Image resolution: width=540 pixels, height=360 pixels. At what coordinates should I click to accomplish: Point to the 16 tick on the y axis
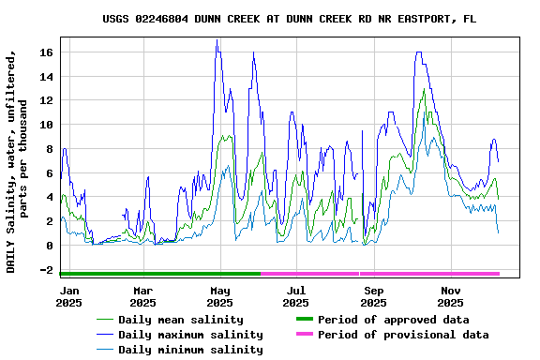46,52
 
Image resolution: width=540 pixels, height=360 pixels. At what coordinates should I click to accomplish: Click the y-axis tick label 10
46,125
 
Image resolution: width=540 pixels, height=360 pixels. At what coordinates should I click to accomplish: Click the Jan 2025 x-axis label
68,297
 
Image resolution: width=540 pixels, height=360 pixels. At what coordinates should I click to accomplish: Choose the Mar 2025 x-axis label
142,297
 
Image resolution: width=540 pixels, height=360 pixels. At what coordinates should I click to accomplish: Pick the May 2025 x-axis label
219,297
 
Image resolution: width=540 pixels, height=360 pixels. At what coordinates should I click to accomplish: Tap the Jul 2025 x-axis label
295,297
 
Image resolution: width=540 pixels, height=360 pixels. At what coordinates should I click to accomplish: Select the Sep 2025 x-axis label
373,297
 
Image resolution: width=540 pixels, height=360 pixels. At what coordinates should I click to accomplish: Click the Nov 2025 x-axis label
450,297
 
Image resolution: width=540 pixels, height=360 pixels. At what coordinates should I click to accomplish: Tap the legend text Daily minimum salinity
190,350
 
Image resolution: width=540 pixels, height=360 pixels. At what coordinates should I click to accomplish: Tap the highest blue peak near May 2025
217,40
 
